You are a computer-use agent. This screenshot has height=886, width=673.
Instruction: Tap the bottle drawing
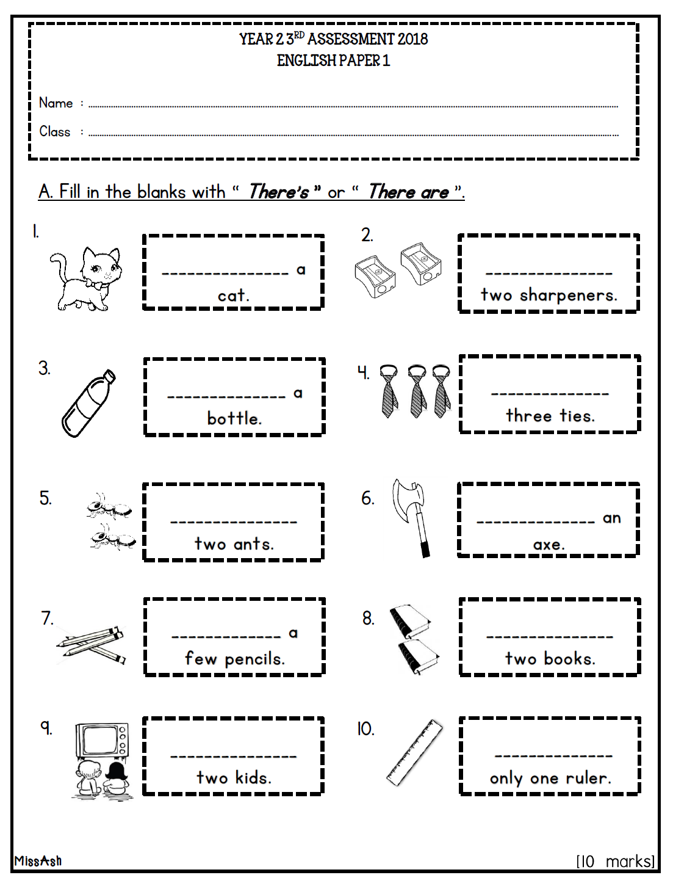(x=88, y=403)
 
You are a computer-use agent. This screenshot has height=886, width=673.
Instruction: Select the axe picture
(x=412, y=516)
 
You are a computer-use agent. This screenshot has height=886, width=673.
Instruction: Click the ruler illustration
(x=415, y=752)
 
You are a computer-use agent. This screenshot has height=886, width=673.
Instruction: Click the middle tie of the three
(x=417, y=391)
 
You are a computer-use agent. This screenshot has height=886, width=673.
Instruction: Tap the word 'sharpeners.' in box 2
(x=569, y=296)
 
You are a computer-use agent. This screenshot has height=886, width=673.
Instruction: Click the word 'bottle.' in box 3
(x=234, y=419)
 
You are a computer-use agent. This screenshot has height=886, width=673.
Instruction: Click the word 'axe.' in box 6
(x=549, y=545)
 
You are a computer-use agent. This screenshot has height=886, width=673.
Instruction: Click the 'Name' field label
(x=56, y=103)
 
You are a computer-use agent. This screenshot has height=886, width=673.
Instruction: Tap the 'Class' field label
(x=55, y=132)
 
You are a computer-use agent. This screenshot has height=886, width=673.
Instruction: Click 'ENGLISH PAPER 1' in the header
(x=333, y=60)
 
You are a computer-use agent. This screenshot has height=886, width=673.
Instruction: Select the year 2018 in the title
(x=412, y=39)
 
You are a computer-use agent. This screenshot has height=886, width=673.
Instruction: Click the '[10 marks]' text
(x=615, y=861)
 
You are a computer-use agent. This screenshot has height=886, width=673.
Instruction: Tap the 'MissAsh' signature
(x=38, y=861)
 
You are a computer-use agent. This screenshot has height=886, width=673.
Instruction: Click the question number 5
(x=45, y=498)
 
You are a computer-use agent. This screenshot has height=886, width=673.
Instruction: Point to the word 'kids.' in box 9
(x=253, y=778)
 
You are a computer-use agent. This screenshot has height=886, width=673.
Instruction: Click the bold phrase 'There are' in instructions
(x=408, y=192)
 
